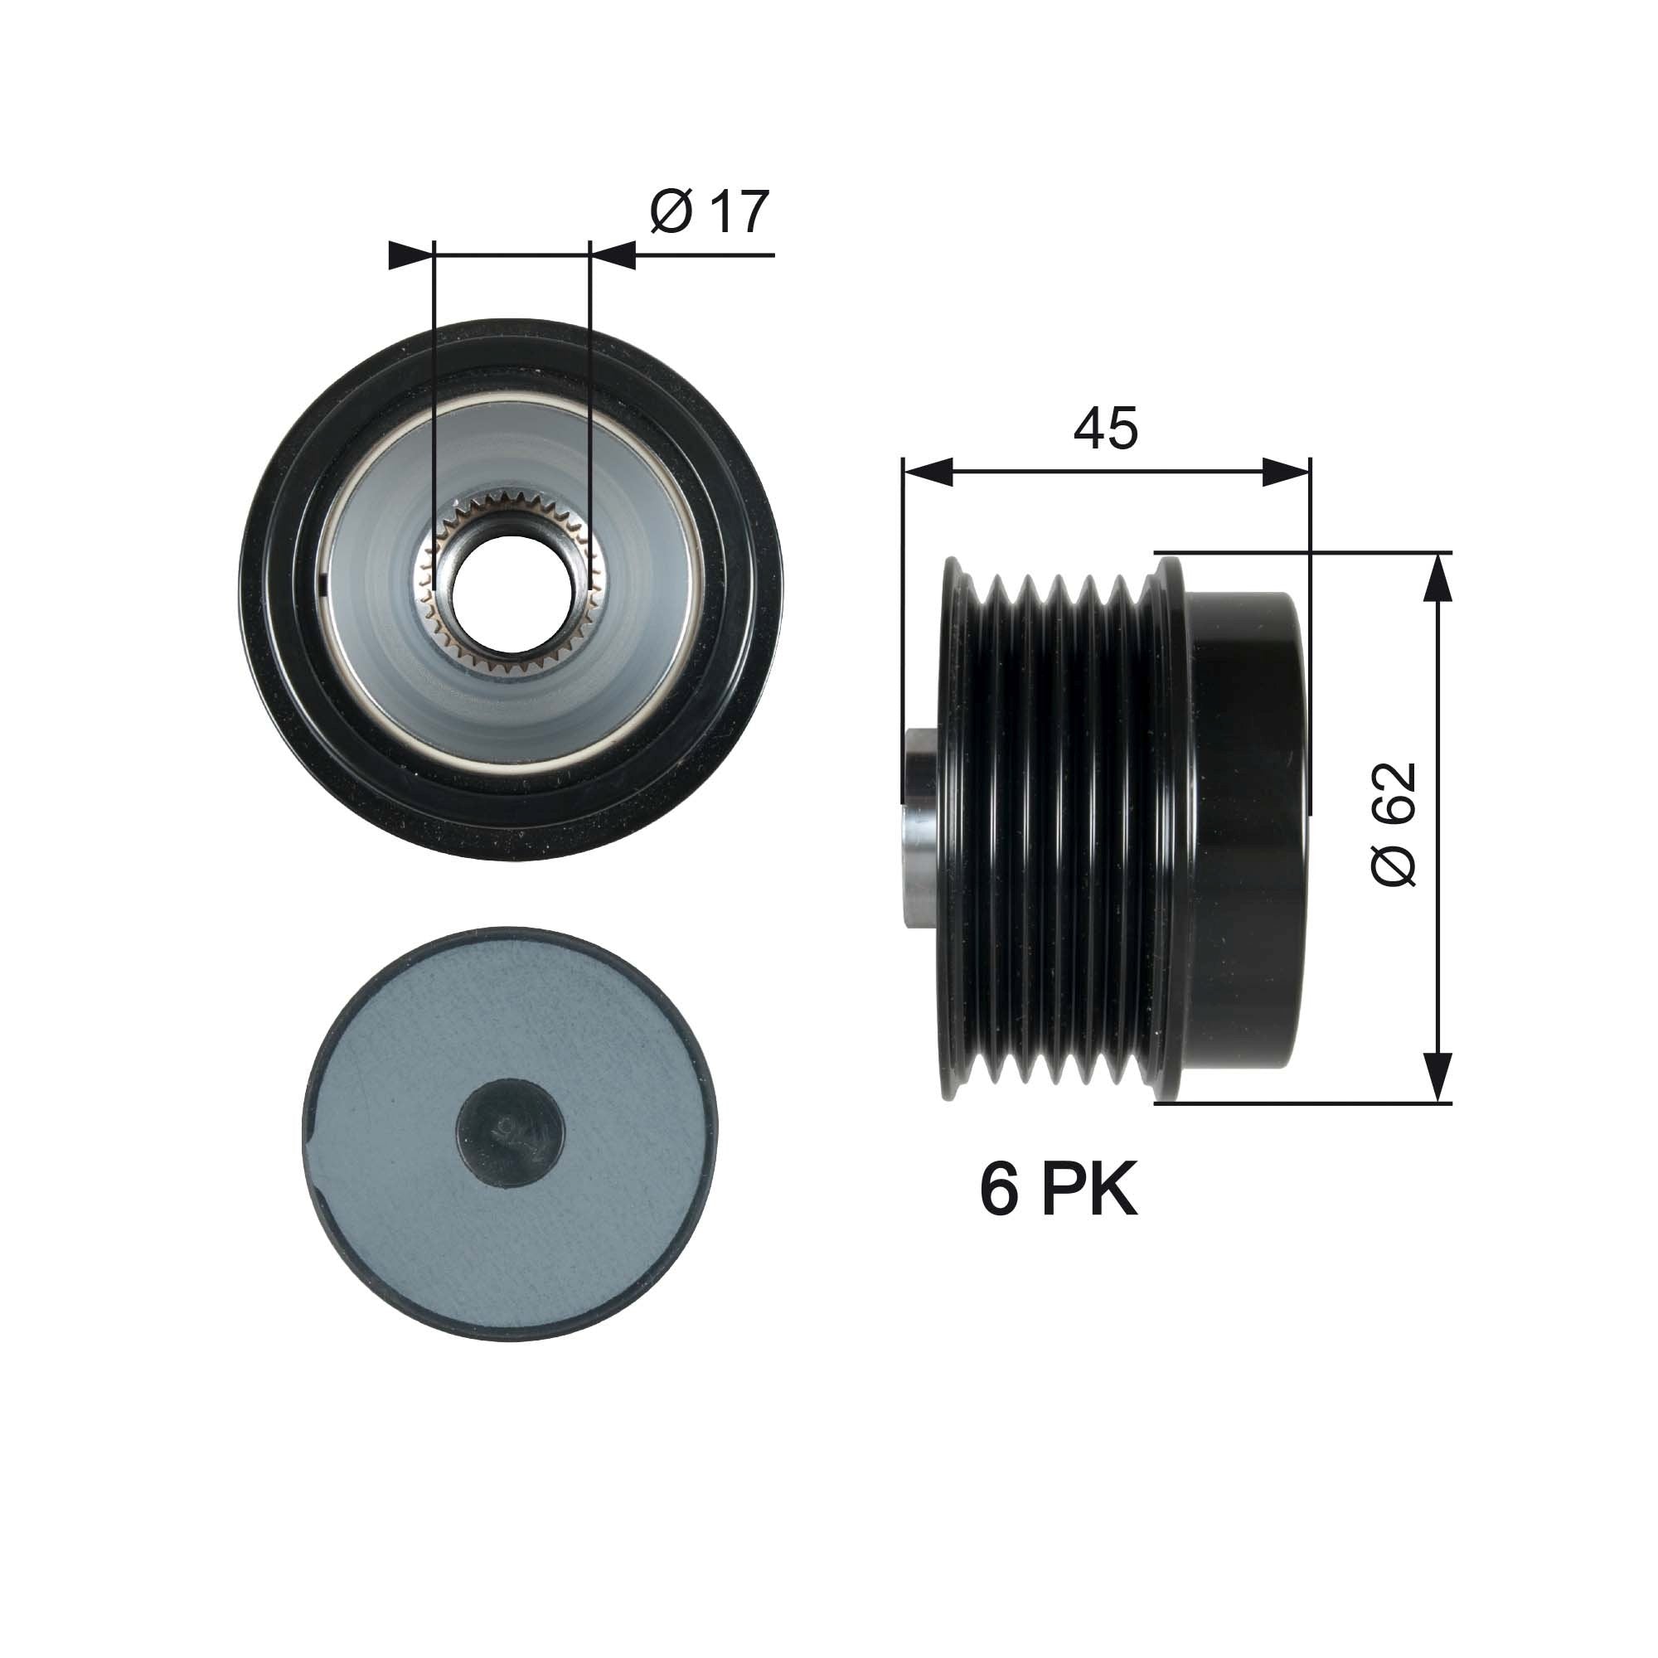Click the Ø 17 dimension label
(709, 212)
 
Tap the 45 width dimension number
(1105, 429)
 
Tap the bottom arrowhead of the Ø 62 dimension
(1438, 1076)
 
